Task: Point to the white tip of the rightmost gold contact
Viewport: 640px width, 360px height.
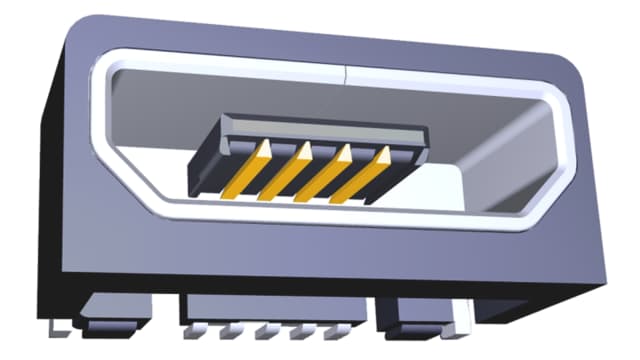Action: pyautogui.click(x=385, y=153)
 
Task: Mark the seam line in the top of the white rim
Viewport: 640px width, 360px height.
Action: pyautogui.click(x=343, y=73)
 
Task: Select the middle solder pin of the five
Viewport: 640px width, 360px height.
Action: pyautogui.click(x=265, y=331)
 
